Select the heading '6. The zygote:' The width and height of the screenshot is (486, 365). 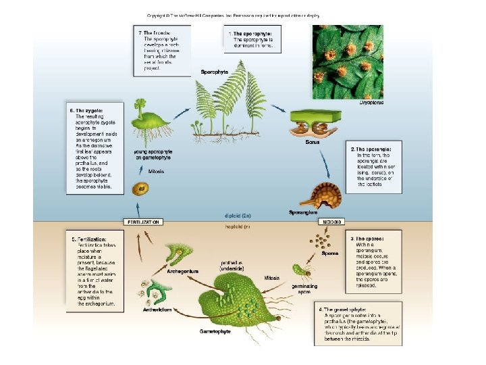[x=86, y=109]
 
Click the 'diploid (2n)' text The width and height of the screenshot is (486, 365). [x=238, y=216]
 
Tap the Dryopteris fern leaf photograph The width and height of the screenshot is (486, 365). [x=347, y=62]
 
